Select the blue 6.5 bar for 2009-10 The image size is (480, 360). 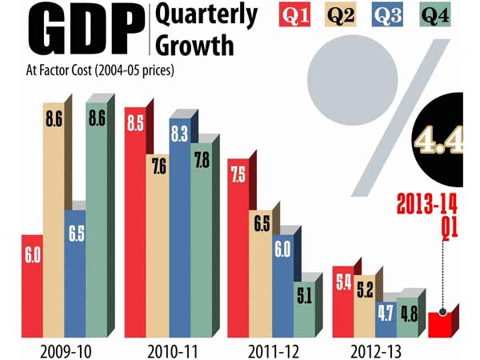point(74,272)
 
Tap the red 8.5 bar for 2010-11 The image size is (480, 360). point(134,224)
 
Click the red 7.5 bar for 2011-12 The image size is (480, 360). point(238,248)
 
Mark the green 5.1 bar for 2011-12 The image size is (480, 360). point(303,305)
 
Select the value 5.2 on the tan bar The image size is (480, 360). point(364,289)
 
